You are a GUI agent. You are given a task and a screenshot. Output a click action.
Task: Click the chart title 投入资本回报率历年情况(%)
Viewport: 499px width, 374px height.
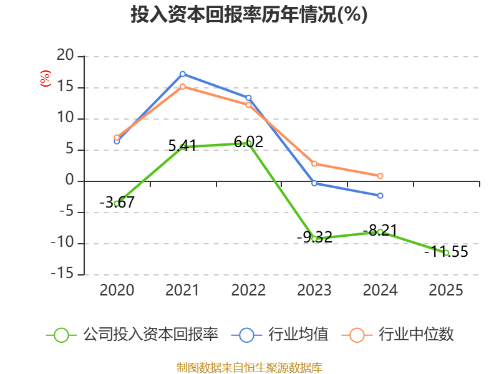[x=249, y=14]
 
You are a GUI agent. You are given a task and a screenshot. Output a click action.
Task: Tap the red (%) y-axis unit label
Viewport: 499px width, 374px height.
[x=45, y=79]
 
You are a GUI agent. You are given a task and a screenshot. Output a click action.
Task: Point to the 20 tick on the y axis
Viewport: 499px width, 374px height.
[x=65, y=55]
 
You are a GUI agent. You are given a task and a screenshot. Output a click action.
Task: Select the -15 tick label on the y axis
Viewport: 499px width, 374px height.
[x=62, y=274]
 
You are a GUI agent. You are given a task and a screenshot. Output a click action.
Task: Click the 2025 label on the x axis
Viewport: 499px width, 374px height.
[x=446, y=290]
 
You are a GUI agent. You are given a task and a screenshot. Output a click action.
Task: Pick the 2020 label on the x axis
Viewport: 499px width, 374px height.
[x=117, y=290]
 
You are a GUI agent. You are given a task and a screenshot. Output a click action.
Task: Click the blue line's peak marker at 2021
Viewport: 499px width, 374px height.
[x=183, y=74]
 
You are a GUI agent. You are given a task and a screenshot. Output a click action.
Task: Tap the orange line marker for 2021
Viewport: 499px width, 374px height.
[x=183, y=87]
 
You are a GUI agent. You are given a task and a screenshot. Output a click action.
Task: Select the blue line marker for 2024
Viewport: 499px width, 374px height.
[x=380, y=196]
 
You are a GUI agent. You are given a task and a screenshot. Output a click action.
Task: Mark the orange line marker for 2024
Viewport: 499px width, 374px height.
[x=380, y=176]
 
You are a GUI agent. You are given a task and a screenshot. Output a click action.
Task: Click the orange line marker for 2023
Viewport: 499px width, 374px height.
[x=314, y=163]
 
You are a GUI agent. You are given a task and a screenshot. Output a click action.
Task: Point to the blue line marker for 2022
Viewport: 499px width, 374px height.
[x=248, y=98]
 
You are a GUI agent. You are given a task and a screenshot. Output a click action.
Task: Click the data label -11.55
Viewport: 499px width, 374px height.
[x=446, y=252]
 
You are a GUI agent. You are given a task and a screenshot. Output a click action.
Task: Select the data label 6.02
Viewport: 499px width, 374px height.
[x=248, y=142]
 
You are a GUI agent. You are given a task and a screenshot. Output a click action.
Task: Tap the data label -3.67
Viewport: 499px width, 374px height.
[x=117, y=202]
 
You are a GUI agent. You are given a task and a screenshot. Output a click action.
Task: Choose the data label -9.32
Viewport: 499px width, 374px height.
[x=314, y=237]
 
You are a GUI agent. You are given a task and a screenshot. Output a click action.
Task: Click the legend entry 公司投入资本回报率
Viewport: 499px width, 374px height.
[x=132, y=335]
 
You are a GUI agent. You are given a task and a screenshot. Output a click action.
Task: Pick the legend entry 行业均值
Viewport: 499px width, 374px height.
[x=279, y=335]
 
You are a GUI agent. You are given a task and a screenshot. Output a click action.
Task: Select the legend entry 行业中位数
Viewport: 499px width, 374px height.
[x=398, y=335]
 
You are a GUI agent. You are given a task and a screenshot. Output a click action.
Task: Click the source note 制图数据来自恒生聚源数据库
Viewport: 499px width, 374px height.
[x=249, y=368]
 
